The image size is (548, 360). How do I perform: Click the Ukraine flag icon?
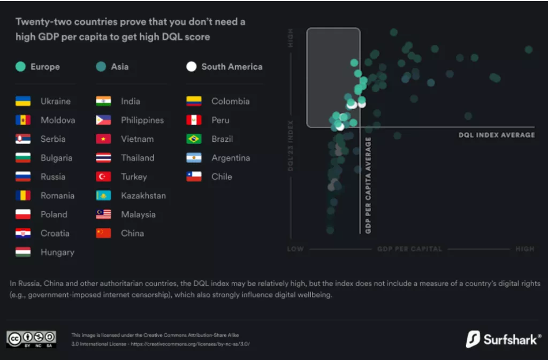click(x=23, y=101)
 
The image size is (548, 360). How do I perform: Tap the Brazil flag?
click(x=194, y=139)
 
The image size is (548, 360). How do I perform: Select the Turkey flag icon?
click(x=103, y=177)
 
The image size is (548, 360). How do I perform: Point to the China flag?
click(x=103, y=233)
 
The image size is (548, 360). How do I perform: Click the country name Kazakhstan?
click(x=143, y=196)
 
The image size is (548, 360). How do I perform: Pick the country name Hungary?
click(x=57, y=252)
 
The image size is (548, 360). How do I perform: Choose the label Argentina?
click(x=231, y=158)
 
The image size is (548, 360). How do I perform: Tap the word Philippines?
click(x=142, y=120)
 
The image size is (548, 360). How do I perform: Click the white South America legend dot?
click(x=192, y=67)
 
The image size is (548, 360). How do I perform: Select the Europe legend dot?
click(x=20, y=67)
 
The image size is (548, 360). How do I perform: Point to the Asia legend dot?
click(x=101, y=67)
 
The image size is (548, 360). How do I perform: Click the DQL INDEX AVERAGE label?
click(x=497, y=135)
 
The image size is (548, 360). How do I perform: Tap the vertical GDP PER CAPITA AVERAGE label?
click(x=368, y=185)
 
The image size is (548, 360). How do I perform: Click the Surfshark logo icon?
click(x=473, y=339)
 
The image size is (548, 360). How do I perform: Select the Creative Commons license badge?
click(x=31, y=339)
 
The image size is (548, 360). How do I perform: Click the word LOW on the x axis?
click(x=295, y=249)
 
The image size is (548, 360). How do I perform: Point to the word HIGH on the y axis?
click(x=291, y=41)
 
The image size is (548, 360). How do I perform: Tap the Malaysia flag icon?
click(x=103, y=215)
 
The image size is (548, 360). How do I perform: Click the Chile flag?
click(x=194, y=177)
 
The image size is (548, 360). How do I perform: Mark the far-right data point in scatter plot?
click(x=529, y=49)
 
